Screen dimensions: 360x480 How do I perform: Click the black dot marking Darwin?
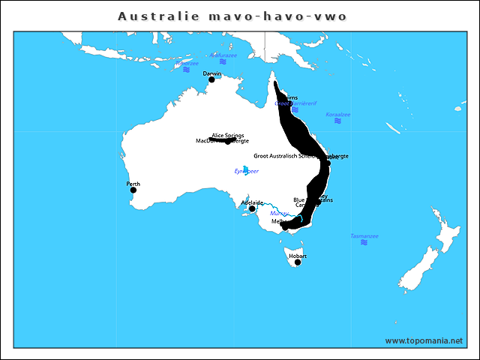tap(211, 79)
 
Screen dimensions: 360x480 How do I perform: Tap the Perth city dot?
tap(133, 190)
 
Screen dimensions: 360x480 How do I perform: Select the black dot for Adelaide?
tap(253, 208)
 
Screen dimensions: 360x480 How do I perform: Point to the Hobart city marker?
tap(298, 262)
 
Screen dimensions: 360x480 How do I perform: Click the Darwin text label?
tap(212, 73)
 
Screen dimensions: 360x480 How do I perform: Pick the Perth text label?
tap(133, 184)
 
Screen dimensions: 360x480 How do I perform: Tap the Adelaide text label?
tap(252, 202)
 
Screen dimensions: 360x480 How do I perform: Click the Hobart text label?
tap(298, 256)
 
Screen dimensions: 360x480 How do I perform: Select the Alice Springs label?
tap(228, 136)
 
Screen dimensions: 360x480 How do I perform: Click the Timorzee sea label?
tap(187, 64)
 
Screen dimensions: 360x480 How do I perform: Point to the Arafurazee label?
tap(223, 55)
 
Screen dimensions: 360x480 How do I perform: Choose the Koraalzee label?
tap(337, 115)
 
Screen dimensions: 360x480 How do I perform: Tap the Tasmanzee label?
tap(364, 236)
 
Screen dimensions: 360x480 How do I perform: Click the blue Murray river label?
tap(279, 214)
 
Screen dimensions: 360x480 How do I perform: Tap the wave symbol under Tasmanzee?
tap(364, 243)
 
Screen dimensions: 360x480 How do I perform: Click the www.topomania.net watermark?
tap(424, 340)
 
